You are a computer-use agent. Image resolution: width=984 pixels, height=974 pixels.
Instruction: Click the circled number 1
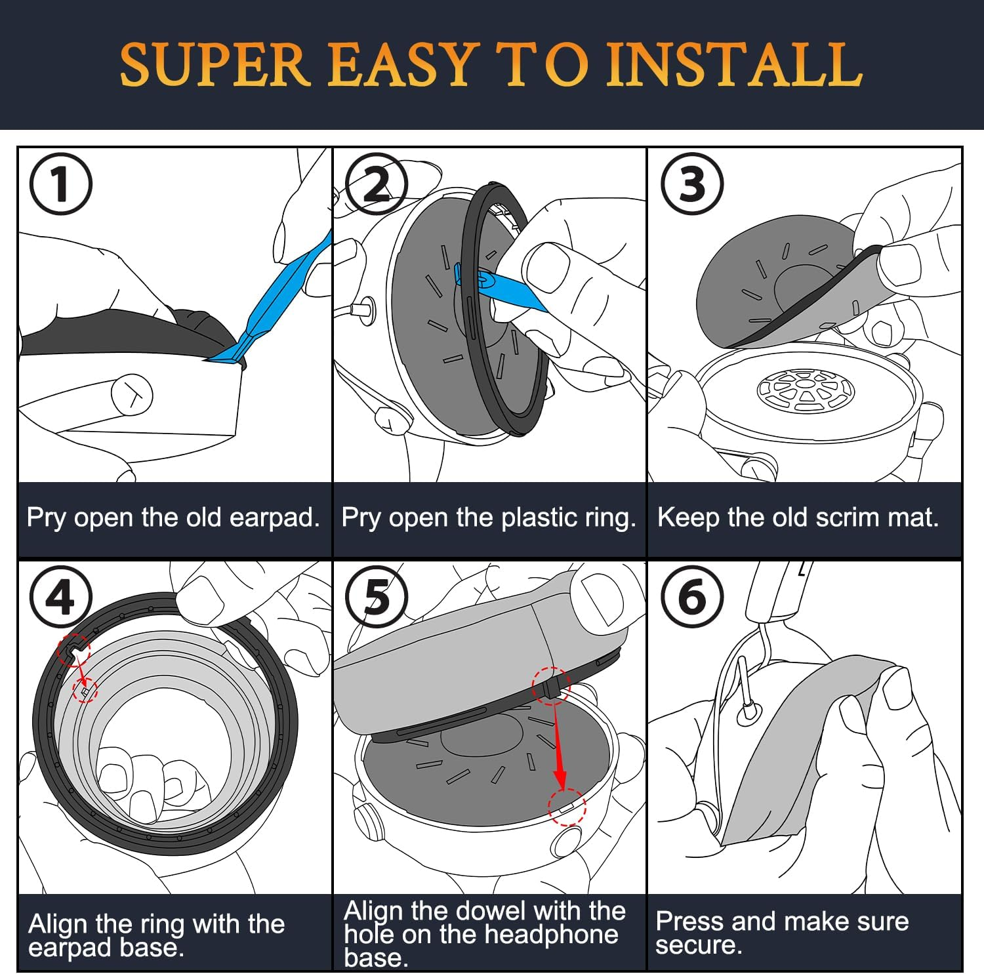(60, 184)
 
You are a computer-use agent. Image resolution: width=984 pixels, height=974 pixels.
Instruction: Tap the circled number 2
(377, 184)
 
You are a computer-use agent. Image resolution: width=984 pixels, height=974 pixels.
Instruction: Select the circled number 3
(692, 184)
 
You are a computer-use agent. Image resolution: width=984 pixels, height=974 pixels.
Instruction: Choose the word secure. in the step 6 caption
(699, 944)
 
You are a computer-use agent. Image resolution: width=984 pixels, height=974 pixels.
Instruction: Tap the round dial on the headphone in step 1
(132, 395)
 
